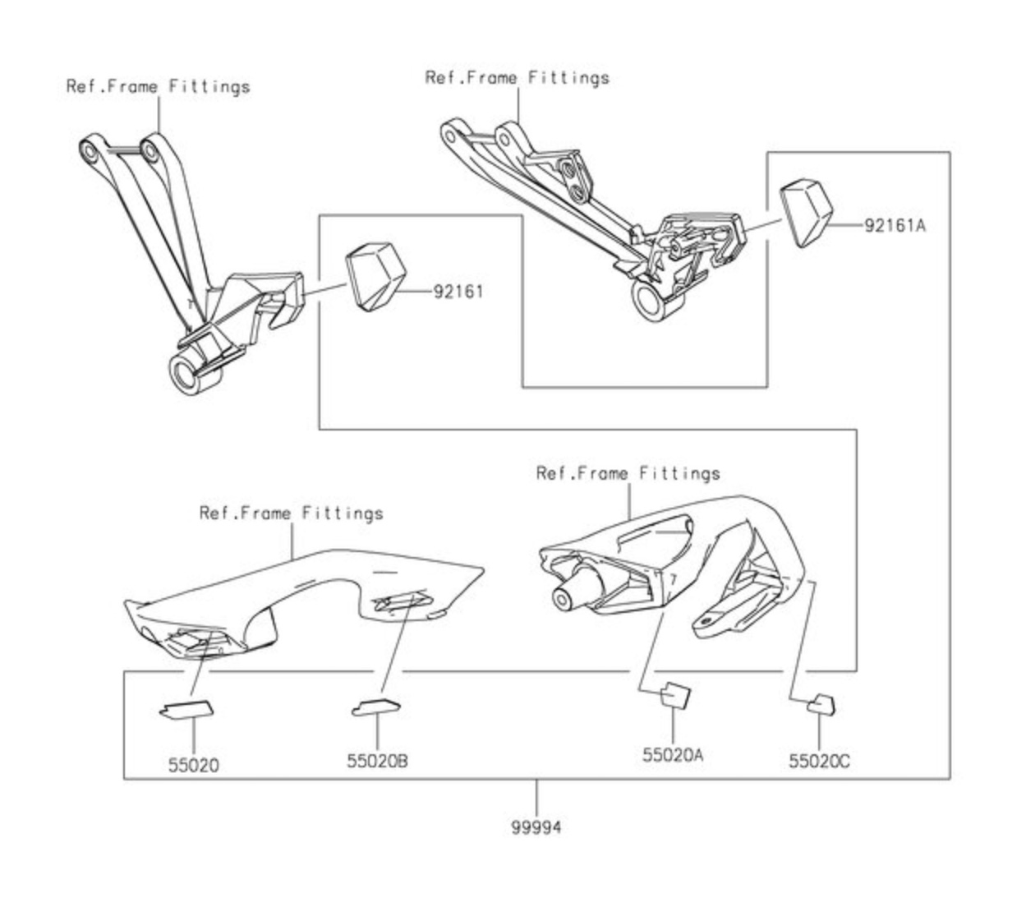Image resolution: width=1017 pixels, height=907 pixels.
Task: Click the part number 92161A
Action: [894, 224]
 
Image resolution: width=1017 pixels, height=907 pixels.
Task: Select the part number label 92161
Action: [458, 292]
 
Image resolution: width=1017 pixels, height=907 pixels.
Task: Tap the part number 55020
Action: [194, 765]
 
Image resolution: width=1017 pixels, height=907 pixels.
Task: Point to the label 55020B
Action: [377, 761]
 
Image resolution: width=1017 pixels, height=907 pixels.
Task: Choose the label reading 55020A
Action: [673, 754]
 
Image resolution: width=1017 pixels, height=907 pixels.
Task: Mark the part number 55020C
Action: [819, 761]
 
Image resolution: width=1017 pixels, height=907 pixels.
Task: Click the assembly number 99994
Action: [536, 827]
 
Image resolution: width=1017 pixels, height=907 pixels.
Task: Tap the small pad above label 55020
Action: [185, 707]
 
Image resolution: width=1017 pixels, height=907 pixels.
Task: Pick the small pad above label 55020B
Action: [375, 706]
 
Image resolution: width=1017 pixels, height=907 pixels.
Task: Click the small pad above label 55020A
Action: [676, 695]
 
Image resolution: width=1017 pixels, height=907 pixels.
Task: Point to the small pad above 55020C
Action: [821, 704]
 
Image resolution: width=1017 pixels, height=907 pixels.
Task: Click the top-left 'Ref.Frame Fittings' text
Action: [158, 86]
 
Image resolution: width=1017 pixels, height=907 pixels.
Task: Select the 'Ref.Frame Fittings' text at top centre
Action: [517, 78]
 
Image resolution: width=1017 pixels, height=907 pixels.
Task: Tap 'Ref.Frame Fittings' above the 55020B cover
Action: [291, 513]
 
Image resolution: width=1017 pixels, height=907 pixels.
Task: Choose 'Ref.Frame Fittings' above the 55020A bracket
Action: [628, 473]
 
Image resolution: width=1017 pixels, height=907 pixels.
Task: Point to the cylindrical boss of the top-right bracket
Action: [655, 300]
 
